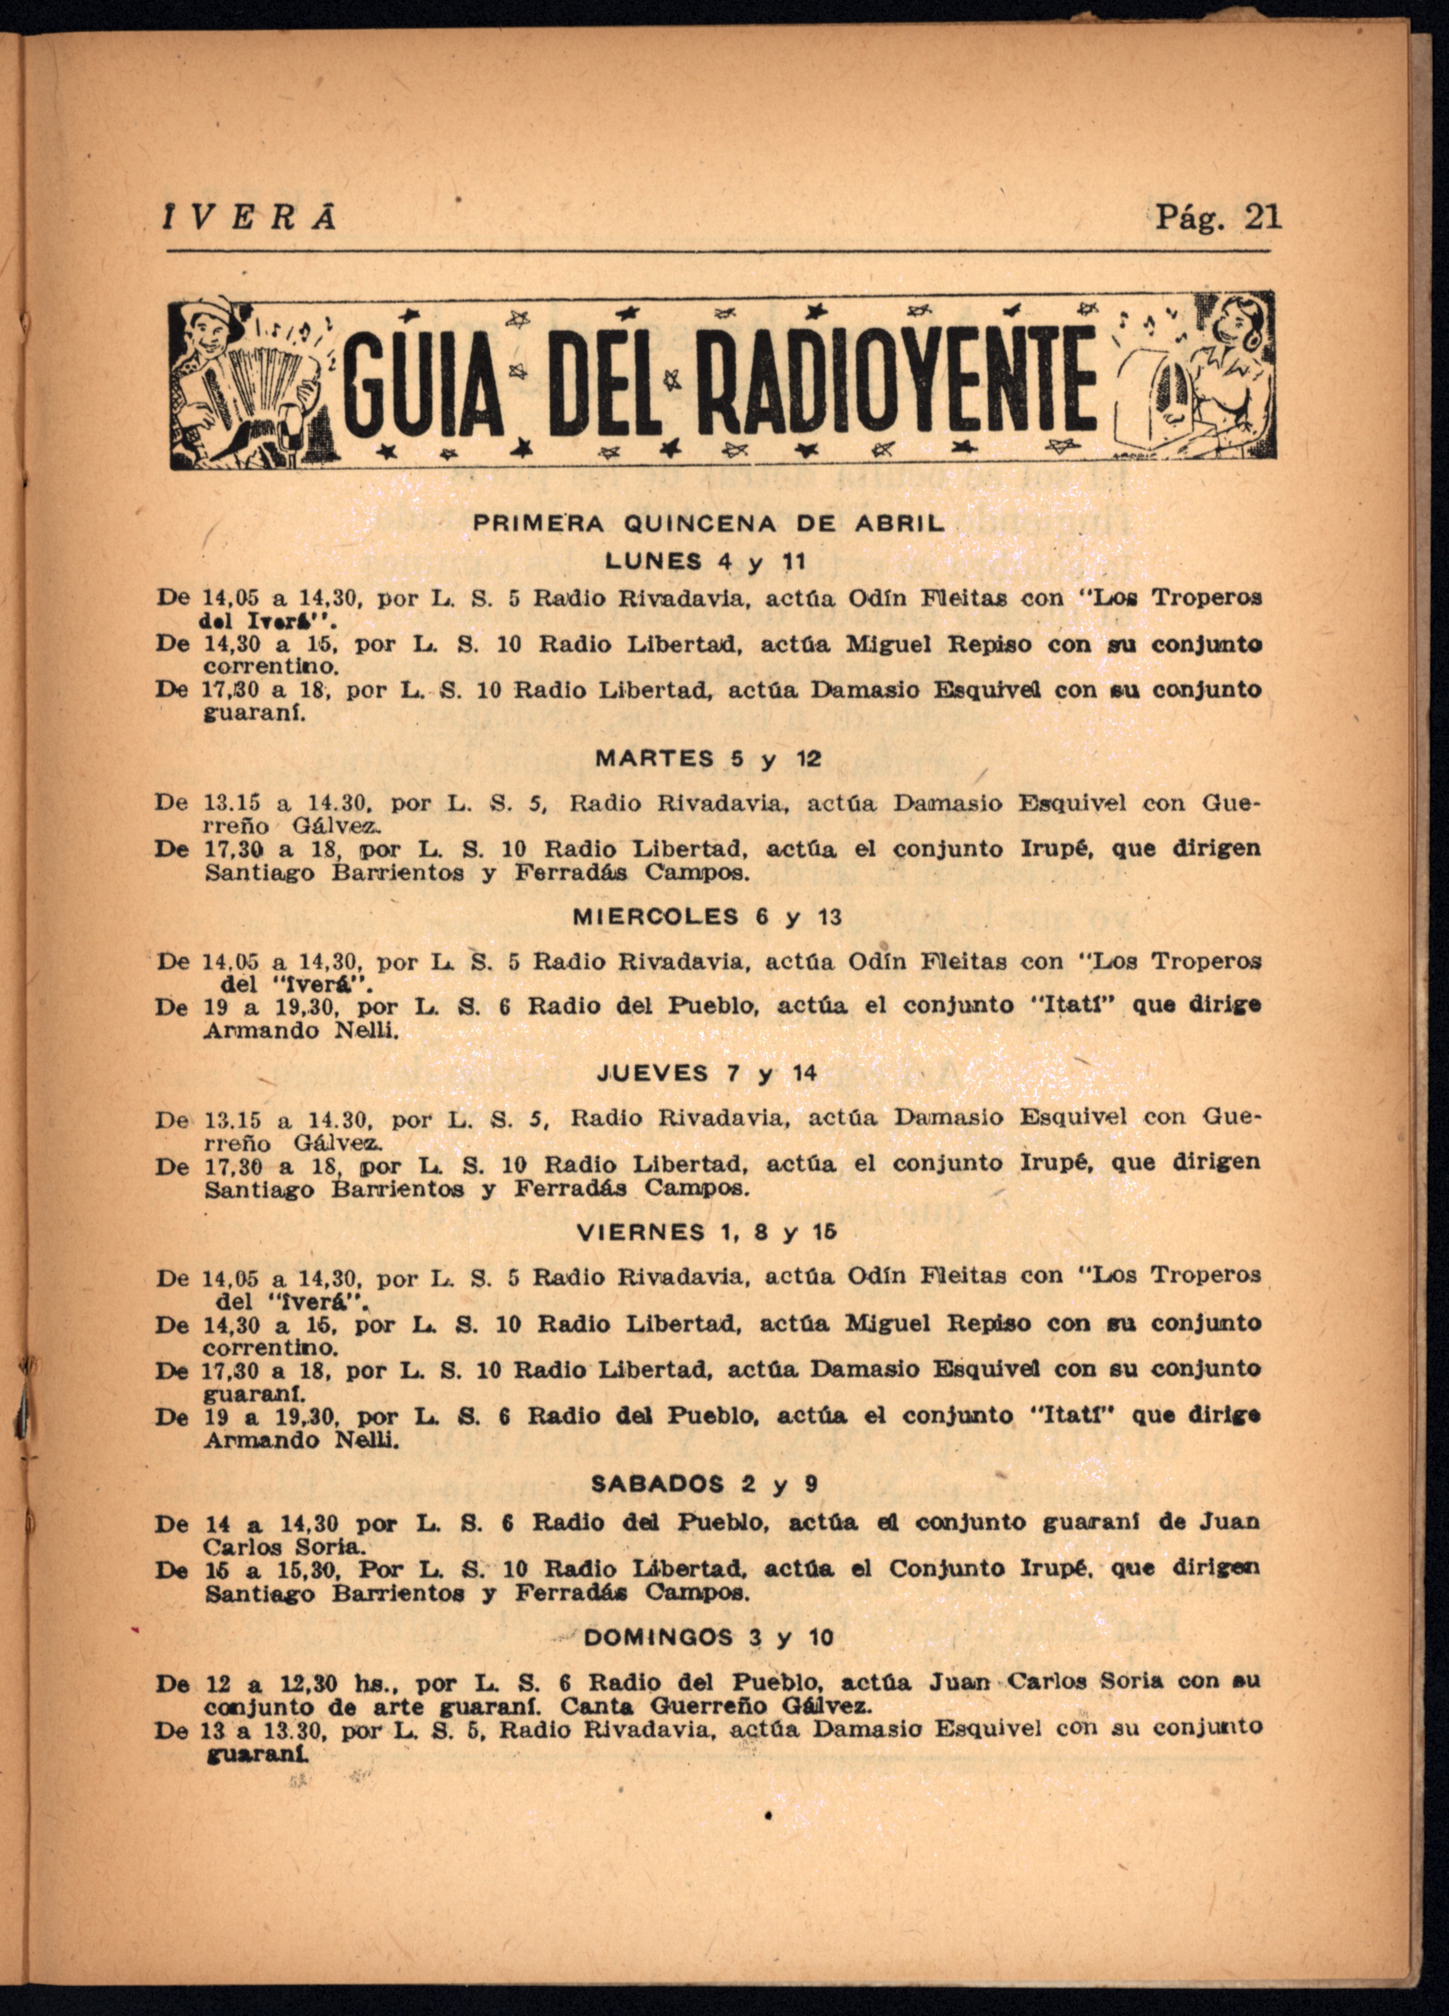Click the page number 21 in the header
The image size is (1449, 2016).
[x=1263, y=217]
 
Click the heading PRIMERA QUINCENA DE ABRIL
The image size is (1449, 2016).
[x=706, y=524]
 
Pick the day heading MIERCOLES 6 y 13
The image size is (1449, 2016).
[x=707, y=917]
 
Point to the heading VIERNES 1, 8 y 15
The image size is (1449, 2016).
[x=707, y=1232]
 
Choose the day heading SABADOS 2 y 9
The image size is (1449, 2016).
[x=705, y=1484]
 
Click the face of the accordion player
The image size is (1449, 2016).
[x=214, y=333]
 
